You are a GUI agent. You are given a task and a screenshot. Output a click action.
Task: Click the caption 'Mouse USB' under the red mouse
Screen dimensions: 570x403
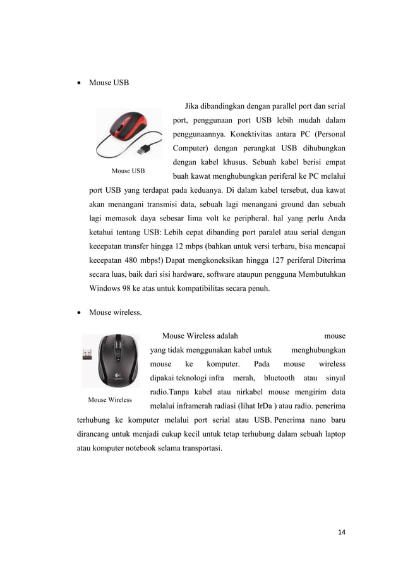click(128, 171)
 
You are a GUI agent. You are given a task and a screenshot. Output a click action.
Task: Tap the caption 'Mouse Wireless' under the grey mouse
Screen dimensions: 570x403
click(110, 399)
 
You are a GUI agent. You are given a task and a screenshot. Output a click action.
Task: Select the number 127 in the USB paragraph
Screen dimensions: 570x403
click(275, 260)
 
